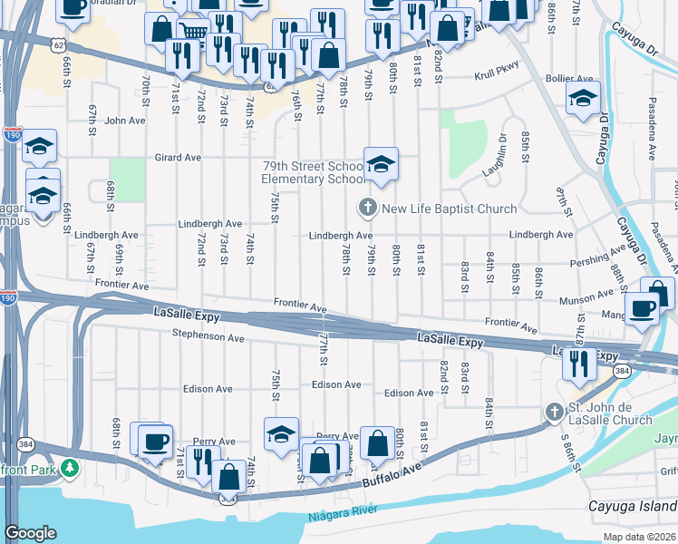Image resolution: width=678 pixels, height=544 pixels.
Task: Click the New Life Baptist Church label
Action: (449, 209)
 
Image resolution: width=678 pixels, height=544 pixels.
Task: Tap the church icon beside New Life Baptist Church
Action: (368, 209)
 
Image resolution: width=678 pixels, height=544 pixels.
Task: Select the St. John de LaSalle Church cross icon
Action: (554, 413)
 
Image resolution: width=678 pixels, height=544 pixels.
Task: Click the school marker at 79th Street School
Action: (382, 164)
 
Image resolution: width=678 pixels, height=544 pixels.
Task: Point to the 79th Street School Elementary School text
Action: (313, 173)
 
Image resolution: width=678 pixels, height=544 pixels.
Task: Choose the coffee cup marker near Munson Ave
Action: (643, 309)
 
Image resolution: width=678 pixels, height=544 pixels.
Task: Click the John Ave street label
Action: (124, 120)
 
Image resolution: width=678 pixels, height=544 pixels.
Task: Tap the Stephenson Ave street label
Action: (209, 337)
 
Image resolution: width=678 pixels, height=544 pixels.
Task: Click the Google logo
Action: (30, 533)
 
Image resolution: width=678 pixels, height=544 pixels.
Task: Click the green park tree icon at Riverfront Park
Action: (69, 469)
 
